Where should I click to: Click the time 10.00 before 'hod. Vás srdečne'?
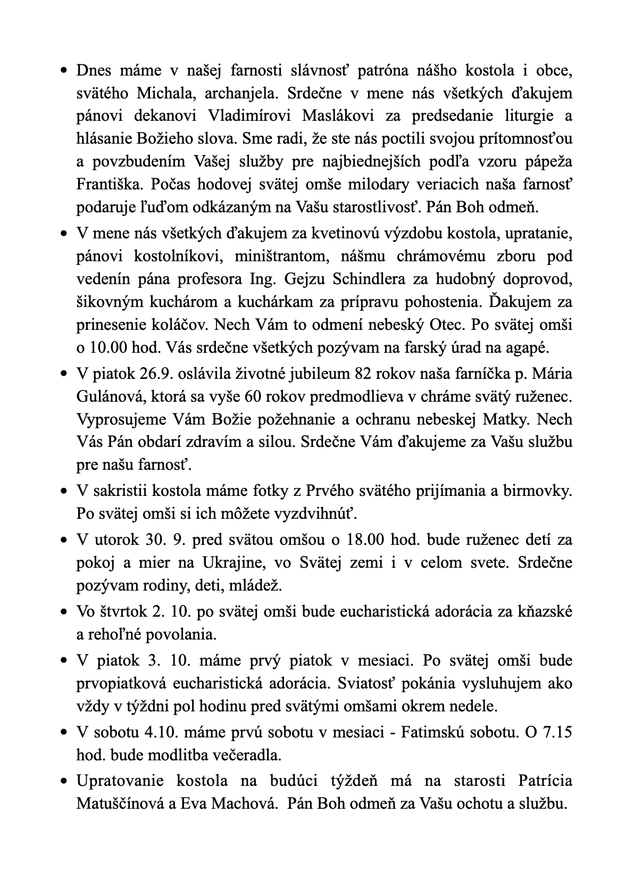tap(108, 348)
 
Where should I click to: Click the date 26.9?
tap(155, 374)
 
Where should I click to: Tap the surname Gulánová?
tap(110, 396)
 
